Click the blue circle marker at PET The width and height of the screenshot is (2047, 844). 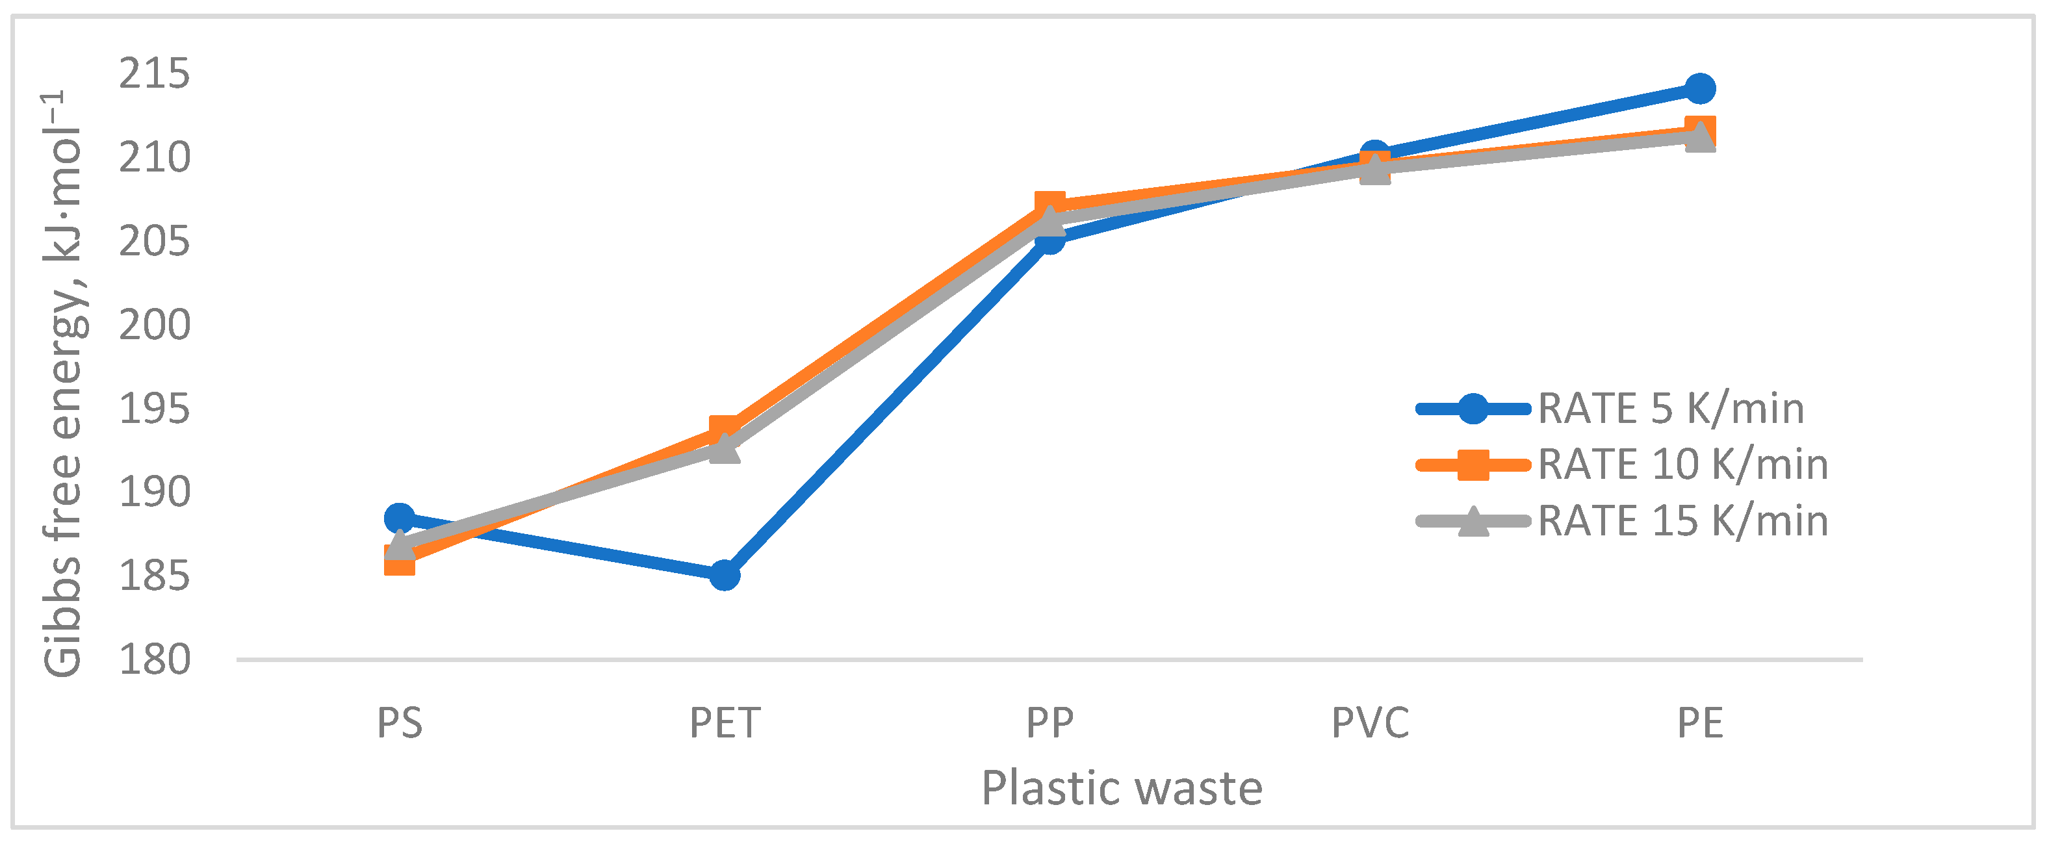(724, 574)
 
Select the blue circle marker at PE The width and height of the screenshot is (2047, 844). (1699, 88)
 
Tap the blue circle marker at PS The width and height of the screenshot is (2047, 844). (399, 518)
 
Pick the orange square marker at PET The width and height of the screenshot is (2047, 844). (724, 430)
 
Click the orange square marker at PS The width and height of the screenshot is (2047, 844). (399, 560)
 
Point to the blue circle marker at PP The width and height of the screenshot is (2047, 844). (1049, 238)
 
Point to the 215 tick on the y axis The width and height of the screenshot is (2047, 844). (154, 74)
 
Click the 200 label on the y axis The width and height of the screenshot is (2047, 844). (154, 325)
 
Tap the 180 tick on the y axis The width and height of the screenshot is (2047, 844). (154, 659)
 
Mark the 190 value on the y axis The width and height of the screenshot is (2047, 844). (154, 492)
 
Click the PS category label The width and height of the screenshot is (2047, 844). (399, 723)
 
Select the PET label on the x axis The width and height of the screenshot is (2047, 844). (724, 723)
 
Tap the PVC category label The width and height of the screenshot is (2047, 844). (1370, 723)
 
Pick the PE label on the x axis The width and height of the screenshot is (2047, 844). (1699, 723)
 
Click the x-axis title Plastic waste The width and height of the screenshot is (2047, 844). (1121, 788)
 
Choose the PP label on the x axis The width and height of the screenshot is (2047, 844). (1049, 723)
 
